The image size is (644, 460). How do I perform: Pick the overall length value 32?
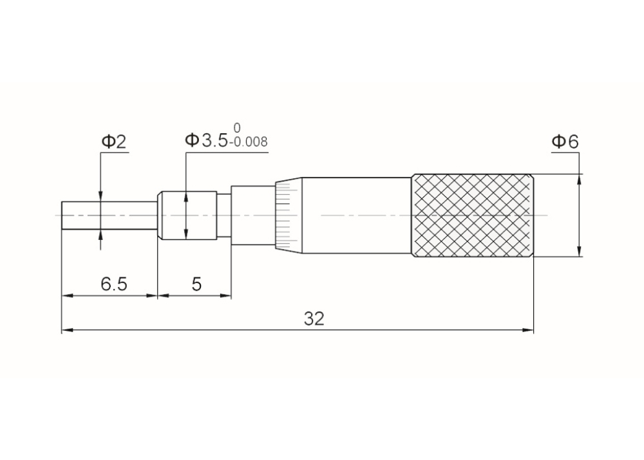point(314,318)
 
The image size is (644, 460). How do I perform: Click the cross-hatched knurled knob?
point(472,215)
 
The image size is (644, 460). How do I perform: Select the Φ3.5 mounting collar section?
point(188,215)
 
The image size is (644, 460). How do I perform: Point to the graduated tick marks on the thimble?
point(283,215)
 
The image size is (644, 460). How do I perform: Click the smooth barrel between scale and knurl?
point(354,215)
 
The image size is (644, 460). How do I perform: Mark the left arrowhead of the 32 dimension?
point(66,331)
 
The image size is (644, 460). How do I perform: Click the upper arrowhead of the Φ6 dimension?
point(579,179)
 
